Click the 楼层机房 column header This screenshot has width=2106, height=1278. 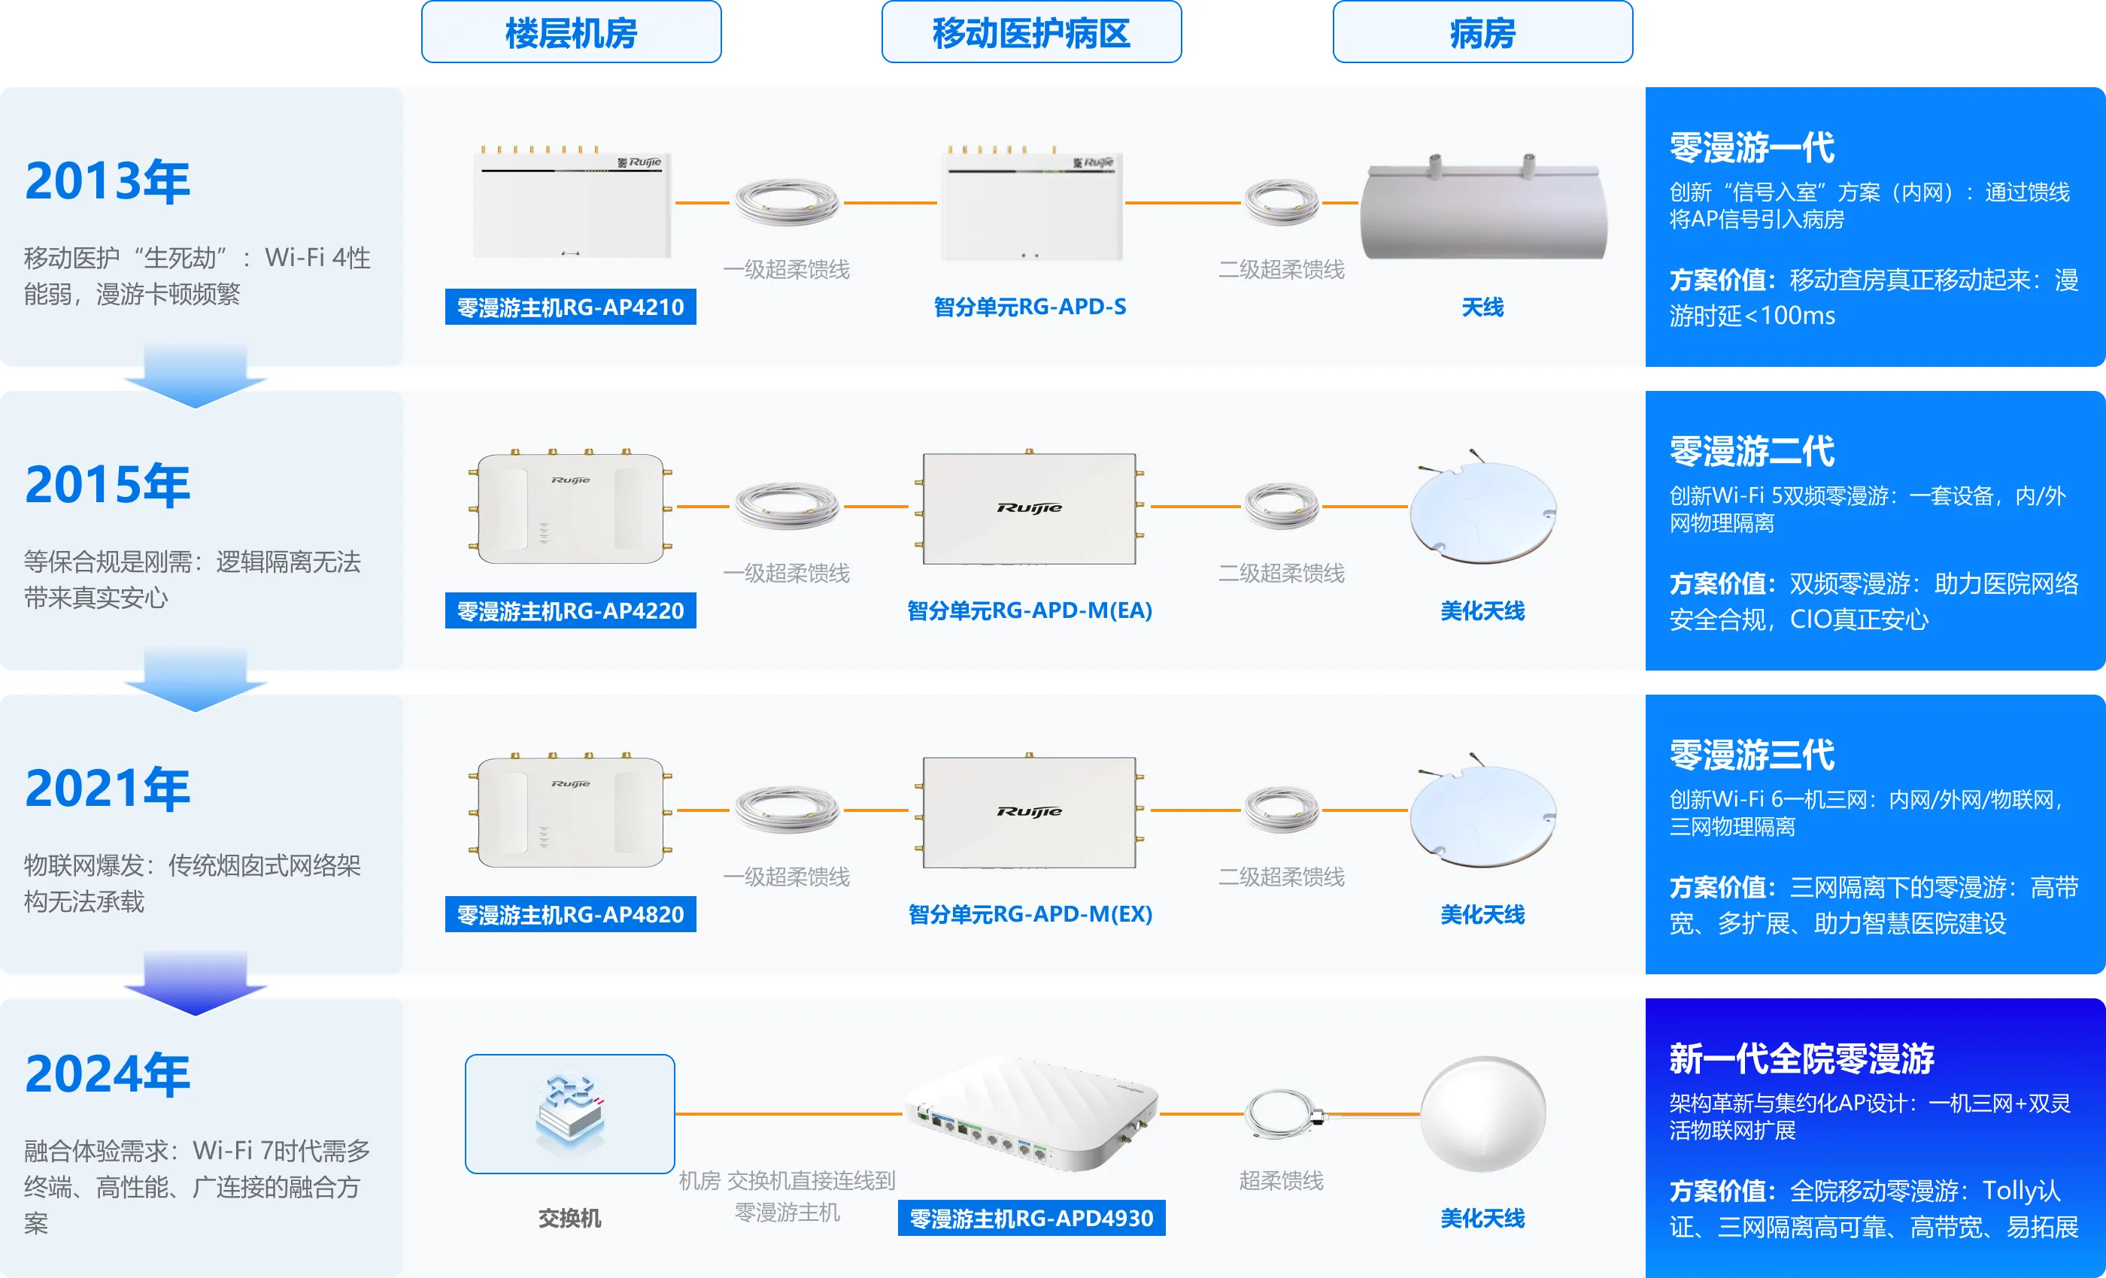click(x=571, y=32)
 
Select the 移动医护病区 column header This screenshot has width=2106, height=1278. click(x=1030, y=32)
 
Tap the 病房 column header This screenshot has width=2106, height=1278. click(x=1482, y=32)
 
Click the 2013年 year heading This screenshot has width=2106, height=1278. click(x=108, y=181)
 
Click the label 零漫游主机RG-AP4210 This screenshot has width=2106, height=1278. click(x=570, y=307)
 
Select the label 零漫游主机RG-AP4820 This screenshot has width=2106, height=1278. click(x=570, y=914)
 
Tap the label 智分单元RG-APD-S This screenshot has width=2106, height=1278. click(x=1030, y=307)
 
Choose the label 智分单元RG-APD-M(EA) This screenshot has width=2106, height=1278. click(x=1030, y=610)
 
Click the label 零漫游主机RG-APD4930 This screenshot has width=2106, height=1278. click(x=1030, y=1218)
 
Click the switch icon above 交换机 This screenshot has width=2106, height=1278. click(x=570, y=1113)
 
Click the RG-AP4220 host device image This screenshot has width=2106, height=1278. click(x=570, y=507)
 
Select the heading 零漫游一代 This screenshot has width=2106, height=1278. click(x=1752, y=147)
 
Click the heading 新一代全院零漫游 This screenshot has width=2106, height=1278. click(x=1801, y=1058)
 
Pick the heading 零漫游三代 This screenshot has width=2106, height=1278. click(x=1752, y=754)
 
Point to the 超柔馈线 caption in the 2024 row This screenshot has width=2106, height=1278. click(x=1281, y=1180)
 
